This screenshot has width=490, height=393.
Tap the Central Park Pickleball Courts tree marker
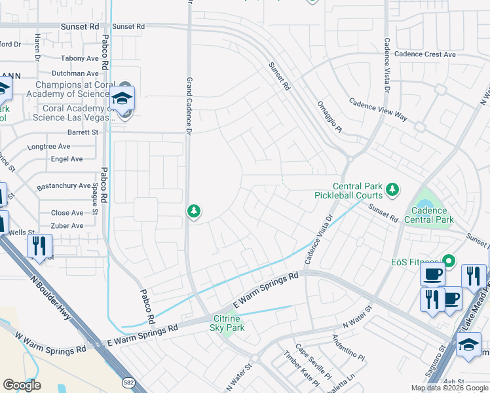click(392, 190)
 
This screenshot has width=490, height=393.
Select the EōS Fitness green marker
click(448, 261)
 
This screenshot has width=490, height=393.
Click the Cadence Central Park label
click(429, 215)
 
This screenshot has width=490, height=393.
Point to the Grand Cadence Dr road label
click(188, 105)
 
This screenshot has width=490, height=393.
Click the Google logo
click(22, 385)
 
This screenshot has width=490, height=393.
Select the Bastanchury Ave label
click(64, 186)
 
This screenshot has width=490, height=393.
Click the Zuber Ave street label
click(67, 225)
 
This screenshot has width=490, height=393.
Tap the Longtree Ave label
click(49, 146)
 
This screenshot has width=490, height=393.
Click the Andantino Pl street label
click(347, 349)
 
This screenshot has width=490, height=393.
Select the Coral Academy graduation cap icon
click(122, 98)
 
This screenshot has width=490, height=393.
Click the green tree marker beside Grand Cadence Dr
click(193, 211)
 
